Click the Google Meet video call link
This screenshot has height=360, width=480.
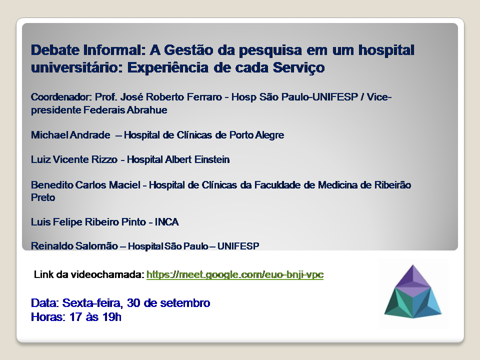(235, 274)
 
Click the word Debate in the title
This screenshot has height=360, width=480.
(55, 50)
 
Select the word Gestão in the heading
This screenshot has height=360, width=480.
(188, 50)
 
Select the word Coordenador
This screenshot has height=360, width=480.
(61, 97)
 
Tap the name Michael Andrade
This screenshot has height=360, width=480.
(70, 135)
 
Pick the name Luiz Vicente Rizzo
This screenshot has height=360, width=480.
(74, 159)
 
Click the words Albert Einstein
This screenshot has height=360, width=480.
(197, 159)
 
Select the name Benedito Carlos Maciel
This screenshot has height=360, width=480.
(85, 185)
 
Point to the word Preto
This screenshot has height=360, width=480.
(43, 197)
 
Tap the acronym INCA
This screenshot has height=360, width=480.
(167, 222)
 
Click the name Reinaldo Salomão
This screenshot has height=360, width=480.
(74, 246)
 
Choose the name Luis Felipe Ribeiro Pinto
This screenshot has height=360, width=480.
(88, 222)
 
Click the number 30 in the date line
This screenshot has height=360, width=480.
(133, 303)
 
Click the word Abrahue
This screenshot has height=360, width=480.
(147, 110)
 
